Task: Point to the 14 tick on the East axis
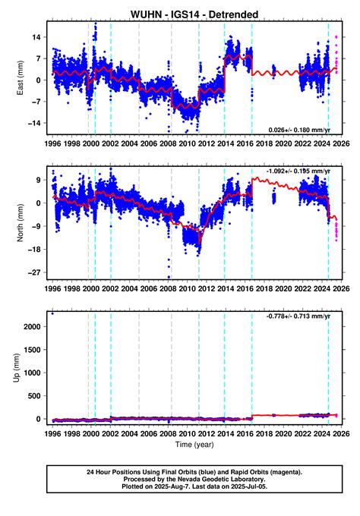[x=35, y=37]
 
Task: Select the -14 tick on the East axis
[x=33, y=122]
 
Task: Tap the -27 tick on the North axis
[x=33, y=272]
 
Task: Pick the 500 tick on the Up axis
[x=33, y=396]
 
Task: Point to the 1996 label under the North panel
[x=52, y=289]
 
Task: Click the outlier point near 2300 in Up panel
[x=52, y=313]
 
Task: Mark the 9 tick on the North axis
[x=38, y=180]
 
